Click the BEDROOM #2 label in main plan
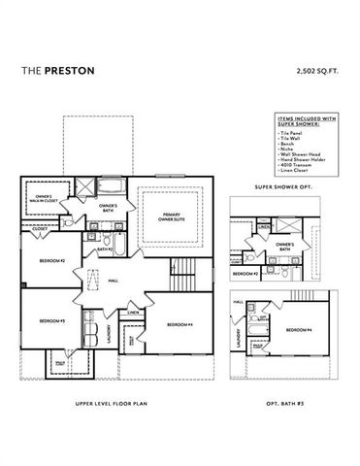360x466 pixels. click(x=51, y=262)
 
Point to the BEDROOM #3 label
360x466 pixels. click(x=51, y=321)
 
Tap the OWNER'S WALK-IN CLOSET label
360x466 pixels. click(x=40, y=200)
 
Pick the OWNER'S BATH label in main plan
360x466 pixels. click(x=108, y=207)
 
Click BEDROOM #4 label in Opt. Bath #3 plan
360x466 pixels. click(x=290, y=330)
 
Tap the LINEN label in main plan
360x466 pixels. click(x=133, y=313)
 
